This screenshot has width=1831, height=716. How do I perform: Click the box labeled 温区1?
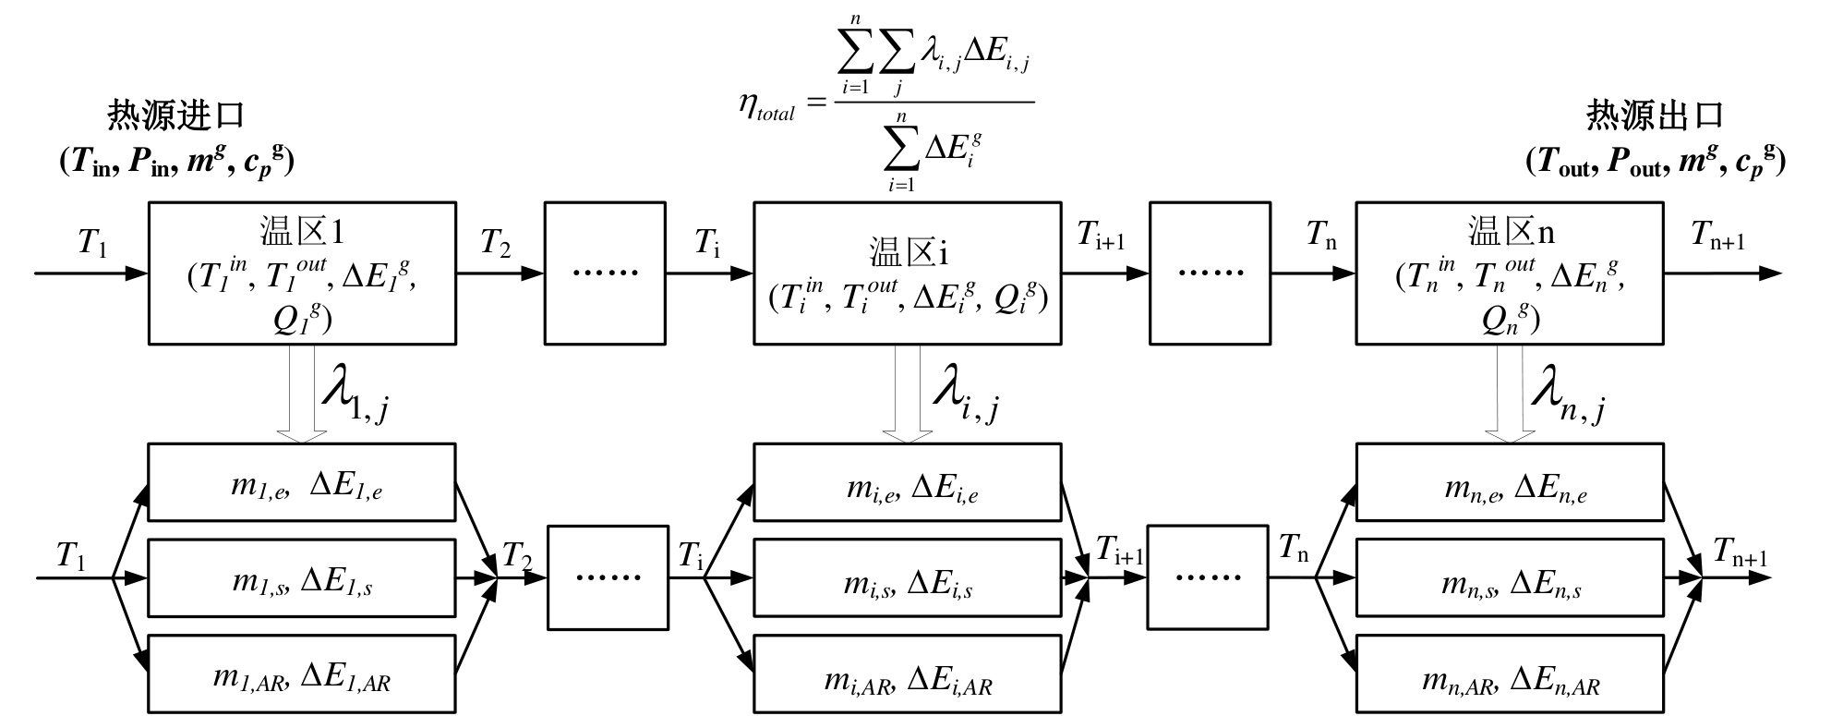tap(302, 273)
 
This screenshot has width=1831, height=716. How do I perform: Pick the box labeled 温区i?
tap(908, 273)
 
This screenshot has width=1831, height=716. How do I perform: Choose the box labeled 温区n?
tap(1509, 273)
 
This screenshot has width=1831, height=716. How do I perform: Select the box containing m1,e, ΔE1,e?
tap(302, 482)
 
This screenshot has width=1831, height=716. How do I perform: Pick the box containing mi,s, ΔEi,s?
tap(908, 578)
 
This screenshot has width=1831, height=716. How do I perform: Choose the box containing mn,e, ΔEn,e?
tap(1509, 482)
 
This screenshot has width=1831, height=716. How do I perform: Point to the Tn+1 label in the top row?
tap(1718, 236)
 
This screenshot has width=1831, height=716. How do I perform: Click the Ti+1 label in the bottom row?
tap(1120, 552)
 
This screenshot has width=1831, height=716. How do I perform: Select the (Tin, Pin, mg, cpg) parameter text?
tap(176, 162)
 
